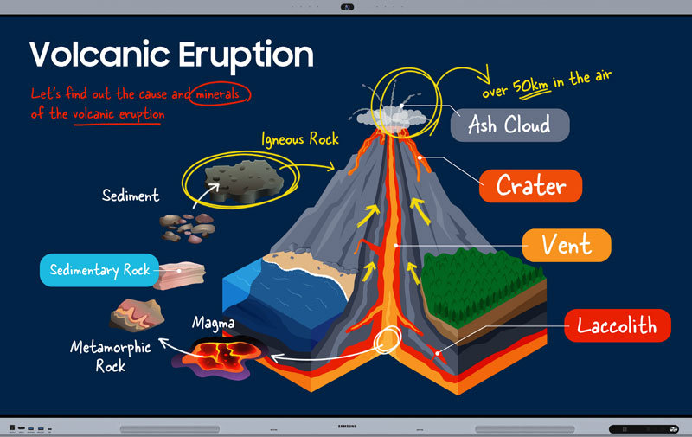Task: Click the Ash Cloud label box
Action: coord(509,125)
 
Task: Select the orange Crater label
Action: coord(530,186)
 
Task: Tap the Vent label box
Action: coord(567,245)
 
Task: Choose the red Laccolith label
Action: coord(618,325)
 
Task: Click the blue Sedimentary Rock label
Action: coord(99,270)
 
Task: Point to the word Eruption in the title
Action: coord(246,55)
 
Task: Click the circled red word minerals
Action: coord(218,94)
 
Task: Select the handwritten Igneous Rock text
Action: coord(300,139)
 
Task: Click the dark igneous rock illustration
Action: coord(244,181)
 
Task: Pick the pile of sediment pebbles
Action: coord(187,228)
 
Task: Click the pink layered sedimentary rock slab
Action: coord(180,275)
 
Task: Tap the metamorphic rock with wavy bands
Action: coord(137,315)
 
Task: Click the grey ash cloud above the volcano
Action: coord(392,116)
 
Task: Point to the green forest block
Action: coord(482,287)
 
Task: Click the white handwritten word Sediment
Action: coord(131,195)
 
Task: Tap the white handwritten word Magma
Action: coord(213,323)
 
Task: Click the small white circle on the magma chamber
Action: coord(388,340)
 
